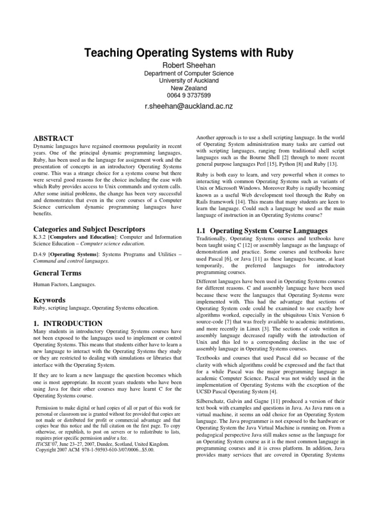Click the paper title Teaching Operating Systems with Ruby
click(x=189, y=52)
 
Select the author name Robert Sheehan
click(x=189, y=65)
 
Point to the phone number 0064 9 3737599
click(x=189, y=95)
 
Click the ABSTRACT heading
click(x=53, y=138)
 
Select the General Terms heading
click(x=57, y=273)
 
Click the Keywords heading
click(x=50, y=300)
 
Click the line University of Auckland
click(x=189, y=80)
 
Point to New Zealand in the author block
click(x=189, y=88)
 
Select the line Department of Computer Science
click(x=189, y=73)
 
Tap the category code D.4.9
click(x=40, y=253)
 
